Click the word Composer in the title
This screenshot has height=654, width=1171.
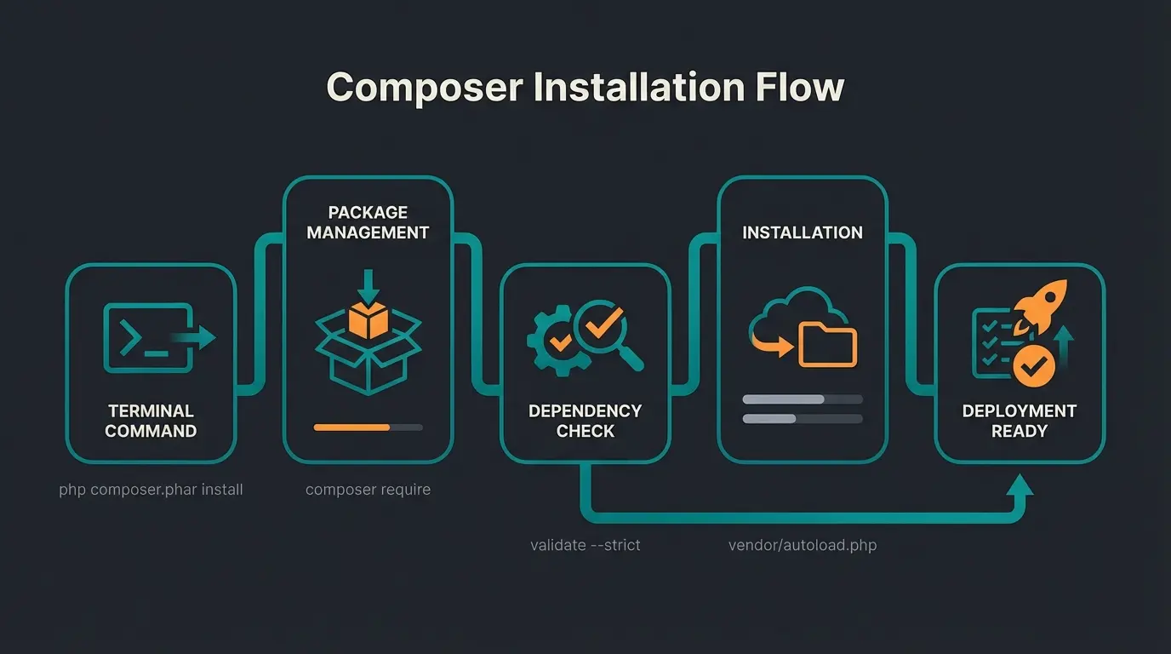[x=425, y=87]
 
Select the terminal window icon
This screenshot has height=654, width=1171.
[x=146, y=338]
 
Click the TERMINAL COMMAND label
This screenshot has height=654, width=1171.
[x=151, y=421]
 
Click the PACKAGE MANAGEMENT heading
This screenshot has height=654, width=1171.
[x=368, y=222]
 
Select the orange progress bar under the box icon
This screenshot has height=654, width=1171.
[x=352, y=427]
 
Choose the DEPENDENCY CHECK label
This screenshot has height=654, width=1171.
[x=585, y=421]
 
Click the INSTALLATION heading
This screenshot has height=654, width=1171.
[x=802, y=232]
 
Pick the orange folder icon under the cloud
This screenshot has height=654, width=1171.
[x=828, y=346]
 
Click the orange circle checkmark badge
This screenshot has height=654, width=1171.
[x=1033, y=366]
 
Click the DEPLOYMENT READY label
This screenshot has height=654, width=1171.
[x=1019, y=421]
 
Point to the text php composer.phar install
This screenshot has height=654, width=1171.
[x=151, y=490]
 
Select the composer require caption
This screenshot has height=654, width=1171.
[x=368, y=490]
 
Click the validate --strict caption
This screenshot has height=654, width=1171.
[x=585, y=544]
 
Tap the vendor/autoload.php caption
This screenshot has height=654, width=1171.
[x=802, y=544]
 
